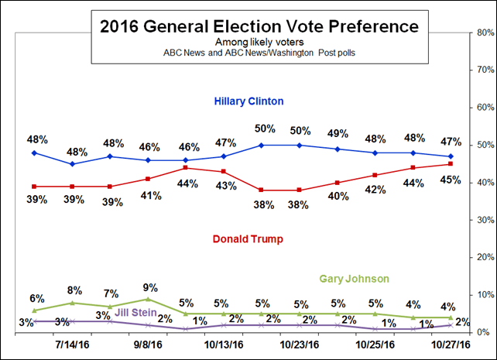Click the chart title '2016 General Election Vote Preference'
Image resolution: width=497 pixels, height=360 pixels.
(259, 26)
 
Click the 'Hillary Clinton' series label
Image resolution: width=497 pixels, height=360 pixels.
(248, 101)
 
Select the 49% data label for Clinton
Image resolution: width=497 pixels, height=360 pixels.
(338, 132)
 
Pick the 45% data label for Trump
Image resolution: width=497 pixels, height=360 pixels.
(451, 180)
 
